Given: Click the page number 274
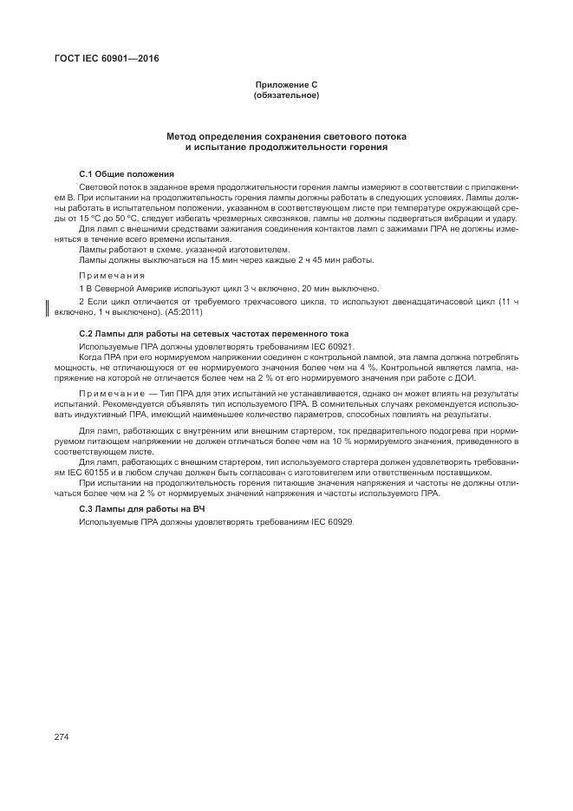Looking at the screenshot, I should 61,737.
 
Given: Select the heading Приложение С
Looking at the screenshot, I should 286,84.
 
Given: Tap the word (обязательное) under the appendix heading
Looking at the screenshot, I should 286,95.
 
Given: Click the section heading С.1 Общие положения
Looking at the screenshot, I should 127,173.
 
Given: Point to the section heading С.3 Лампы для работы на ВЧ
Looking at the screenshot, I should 141,507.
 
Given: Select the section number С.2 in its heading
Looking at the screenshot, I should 86,334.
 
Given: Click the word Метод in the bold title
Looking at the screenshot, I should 186,137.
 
